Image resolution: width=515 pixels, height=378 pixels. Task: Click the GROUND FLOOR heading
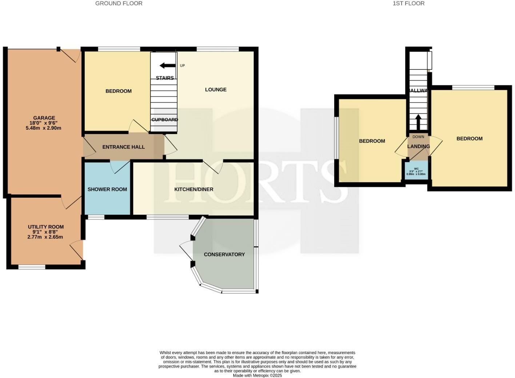pos(119,3)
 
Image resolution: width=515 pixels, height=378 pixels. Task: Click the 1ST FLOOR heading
pos(408,3)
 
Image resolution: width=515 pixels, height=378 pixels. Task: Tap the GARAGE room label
pos(44,118)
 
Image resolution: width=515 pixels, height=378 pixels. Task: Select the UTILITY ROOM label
pos(46,227)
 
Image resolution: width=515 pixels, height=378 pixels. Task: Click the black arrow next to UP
pos(167,65)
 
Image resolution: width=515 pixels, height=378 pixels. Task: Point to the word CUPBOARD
pos(164,120)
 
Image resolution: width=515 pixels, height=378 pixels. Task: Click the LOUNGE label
pos(216,89)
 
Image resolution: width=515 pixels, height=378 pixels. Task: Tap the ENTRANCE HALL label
pos(123,147)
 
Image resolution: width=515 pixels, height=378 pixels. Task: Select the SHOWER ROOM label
pos(107,189)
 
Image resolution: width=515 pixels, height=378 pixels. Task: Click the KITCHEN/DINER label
pos(193,189)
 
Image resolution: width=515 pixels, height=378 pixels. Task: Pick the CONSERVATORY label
pos(224,254)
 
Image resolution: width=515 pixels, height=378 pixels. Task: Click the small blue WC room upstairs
pos(416,171)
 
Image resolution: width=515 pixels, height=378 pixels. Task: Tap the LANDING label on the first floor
pos(418,146)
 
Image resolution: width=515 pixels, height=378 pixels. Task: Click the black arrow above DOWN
pos(418,122)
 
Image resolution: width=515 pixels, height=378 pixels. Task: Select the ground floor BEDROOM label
pos(118,91)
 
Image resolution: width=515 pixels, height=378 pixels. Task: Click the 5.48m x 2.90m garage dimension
pos(43,128)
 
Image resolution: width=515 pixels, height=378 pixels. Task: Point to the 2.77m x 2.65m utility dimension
pos(45,237)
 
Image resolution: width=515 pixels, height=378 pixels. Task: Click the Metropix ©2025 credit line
pos(257,375)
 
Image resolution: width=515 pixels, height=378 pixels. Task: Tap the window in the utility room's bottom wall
pos(32,267)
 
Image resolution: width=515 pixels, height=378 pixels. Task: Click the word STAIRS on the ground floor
pos(164,78)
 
